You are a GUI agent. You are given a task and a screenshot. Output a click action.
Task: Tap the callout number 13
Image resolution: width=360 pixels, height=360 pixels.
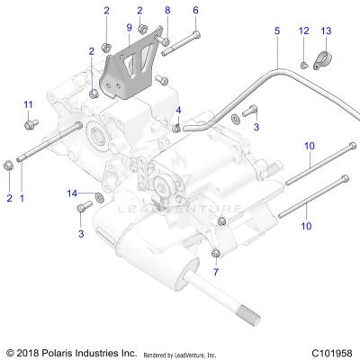tap(326, 31)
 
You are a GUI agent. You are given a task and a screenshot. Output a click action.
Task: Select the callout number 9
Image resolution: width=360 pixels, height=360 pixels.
tap(129, 28)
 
